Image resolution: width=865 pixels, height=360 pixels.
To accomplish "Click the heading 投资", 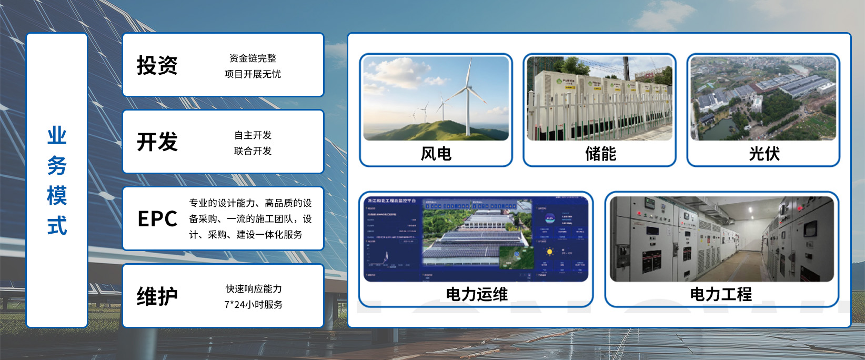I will [x=157, y=66].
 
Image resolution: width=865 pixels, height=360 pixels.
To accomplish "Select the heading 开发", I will [x=157, y=142].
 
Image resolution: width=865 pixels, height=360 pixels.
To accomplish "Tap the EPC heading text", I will [x=157, y=219].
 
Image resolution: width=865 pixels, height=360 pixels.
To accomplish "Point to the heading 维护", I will [x=157, y=296].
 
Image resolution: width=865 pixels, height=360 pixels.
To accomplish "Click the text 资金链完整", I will [x=253, y=58].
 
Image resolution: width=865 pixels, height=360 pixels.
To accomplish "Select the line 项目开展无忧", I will [x=253, y=74].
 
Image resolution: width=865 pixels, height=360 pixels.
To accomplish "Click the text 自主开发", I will [x=253, y=135].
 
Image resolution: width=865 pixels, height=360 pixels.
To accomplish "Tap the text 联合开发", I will [x=253, y=151].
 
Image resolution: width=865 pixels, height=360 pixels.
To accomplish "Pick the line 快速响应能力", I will [x=254, y=289].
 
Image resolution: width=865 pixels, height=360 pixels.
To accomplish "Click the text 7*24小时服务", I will [x=254, y=305].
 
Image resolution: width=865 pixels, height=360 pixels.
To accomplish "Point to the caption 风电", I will [x=436, y=154].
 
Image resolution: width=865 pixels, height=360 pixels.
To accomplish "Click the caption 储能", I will [x=600, y=154].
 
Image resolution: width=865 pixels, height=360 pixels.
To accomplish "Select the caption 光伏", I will [x=764, y=154].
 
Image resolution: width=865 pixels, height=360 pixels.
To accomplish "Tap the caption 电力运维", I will [x=477, y=294].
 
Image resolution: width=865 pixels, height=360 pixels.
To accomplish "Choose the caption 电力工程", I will [x=721, y=294].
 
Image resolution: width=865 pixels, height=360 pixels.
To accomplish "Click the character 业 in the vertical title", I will [x=57, y=136].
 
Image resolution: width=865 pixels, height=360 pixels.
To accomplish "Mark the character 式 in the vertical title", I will [x=57, y=226].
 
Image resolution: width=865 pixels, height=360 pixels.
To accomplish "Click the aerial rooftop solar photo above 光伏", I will [x=763, y=99].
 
